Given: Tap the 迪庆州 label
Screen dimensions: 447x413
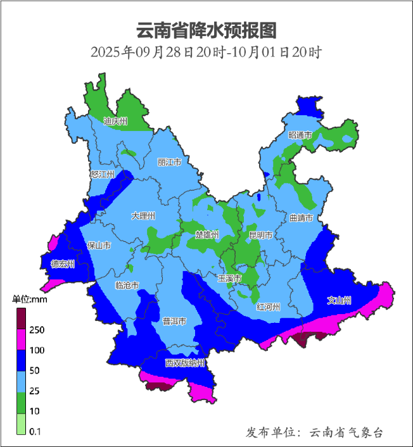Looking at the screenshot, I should (116, 121).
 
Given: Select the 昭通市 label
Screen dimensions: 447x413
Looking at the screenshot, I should (300, 135).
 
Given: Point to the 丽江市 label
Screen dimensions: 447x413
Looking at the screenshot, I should (169, 163).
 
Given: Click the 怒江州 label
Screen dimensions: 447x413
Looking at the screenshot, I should (102, 174).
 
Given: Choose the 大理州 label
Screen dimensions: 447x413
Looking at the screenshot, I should (143, 216).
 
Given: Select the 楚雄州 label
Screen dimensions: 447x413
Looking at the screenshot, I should (207, 234).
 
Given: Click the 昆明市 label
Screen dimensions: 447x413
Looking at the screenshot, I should (260, 235).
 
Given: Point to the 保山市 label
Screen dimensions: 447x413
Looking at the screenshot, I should (99, 245).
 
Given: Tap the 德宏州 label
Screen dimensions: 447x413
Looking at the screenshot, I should (63, 264).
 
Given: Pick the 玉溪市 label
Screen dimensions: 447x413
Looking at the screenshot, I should (229, 278).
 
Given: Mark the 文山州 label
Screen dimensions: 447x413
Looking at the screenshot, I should (339, 300).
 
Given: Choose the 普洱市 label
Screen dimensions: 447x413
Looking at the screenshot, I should (174, 321).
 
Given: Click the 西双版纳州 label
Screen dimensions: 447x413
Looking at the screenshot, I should (185, 363).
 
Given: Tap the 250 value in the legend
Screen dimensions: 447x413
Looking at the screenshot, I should (36, 330).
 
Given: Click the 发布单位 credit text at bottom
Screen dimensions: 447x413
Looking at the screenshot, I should (315, 432).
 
